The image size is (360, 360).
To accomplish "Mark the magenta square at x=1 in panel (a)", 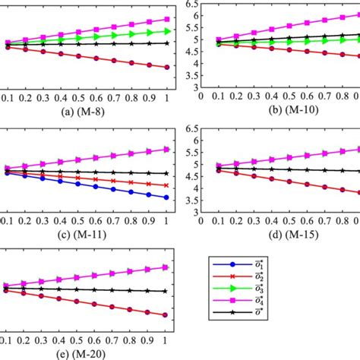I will (166, 19).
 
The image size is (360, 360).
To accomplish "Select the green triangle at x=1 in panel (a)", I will (166, 31).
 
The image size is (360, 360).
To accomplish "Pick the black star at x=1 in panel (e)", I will (166, 291).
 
